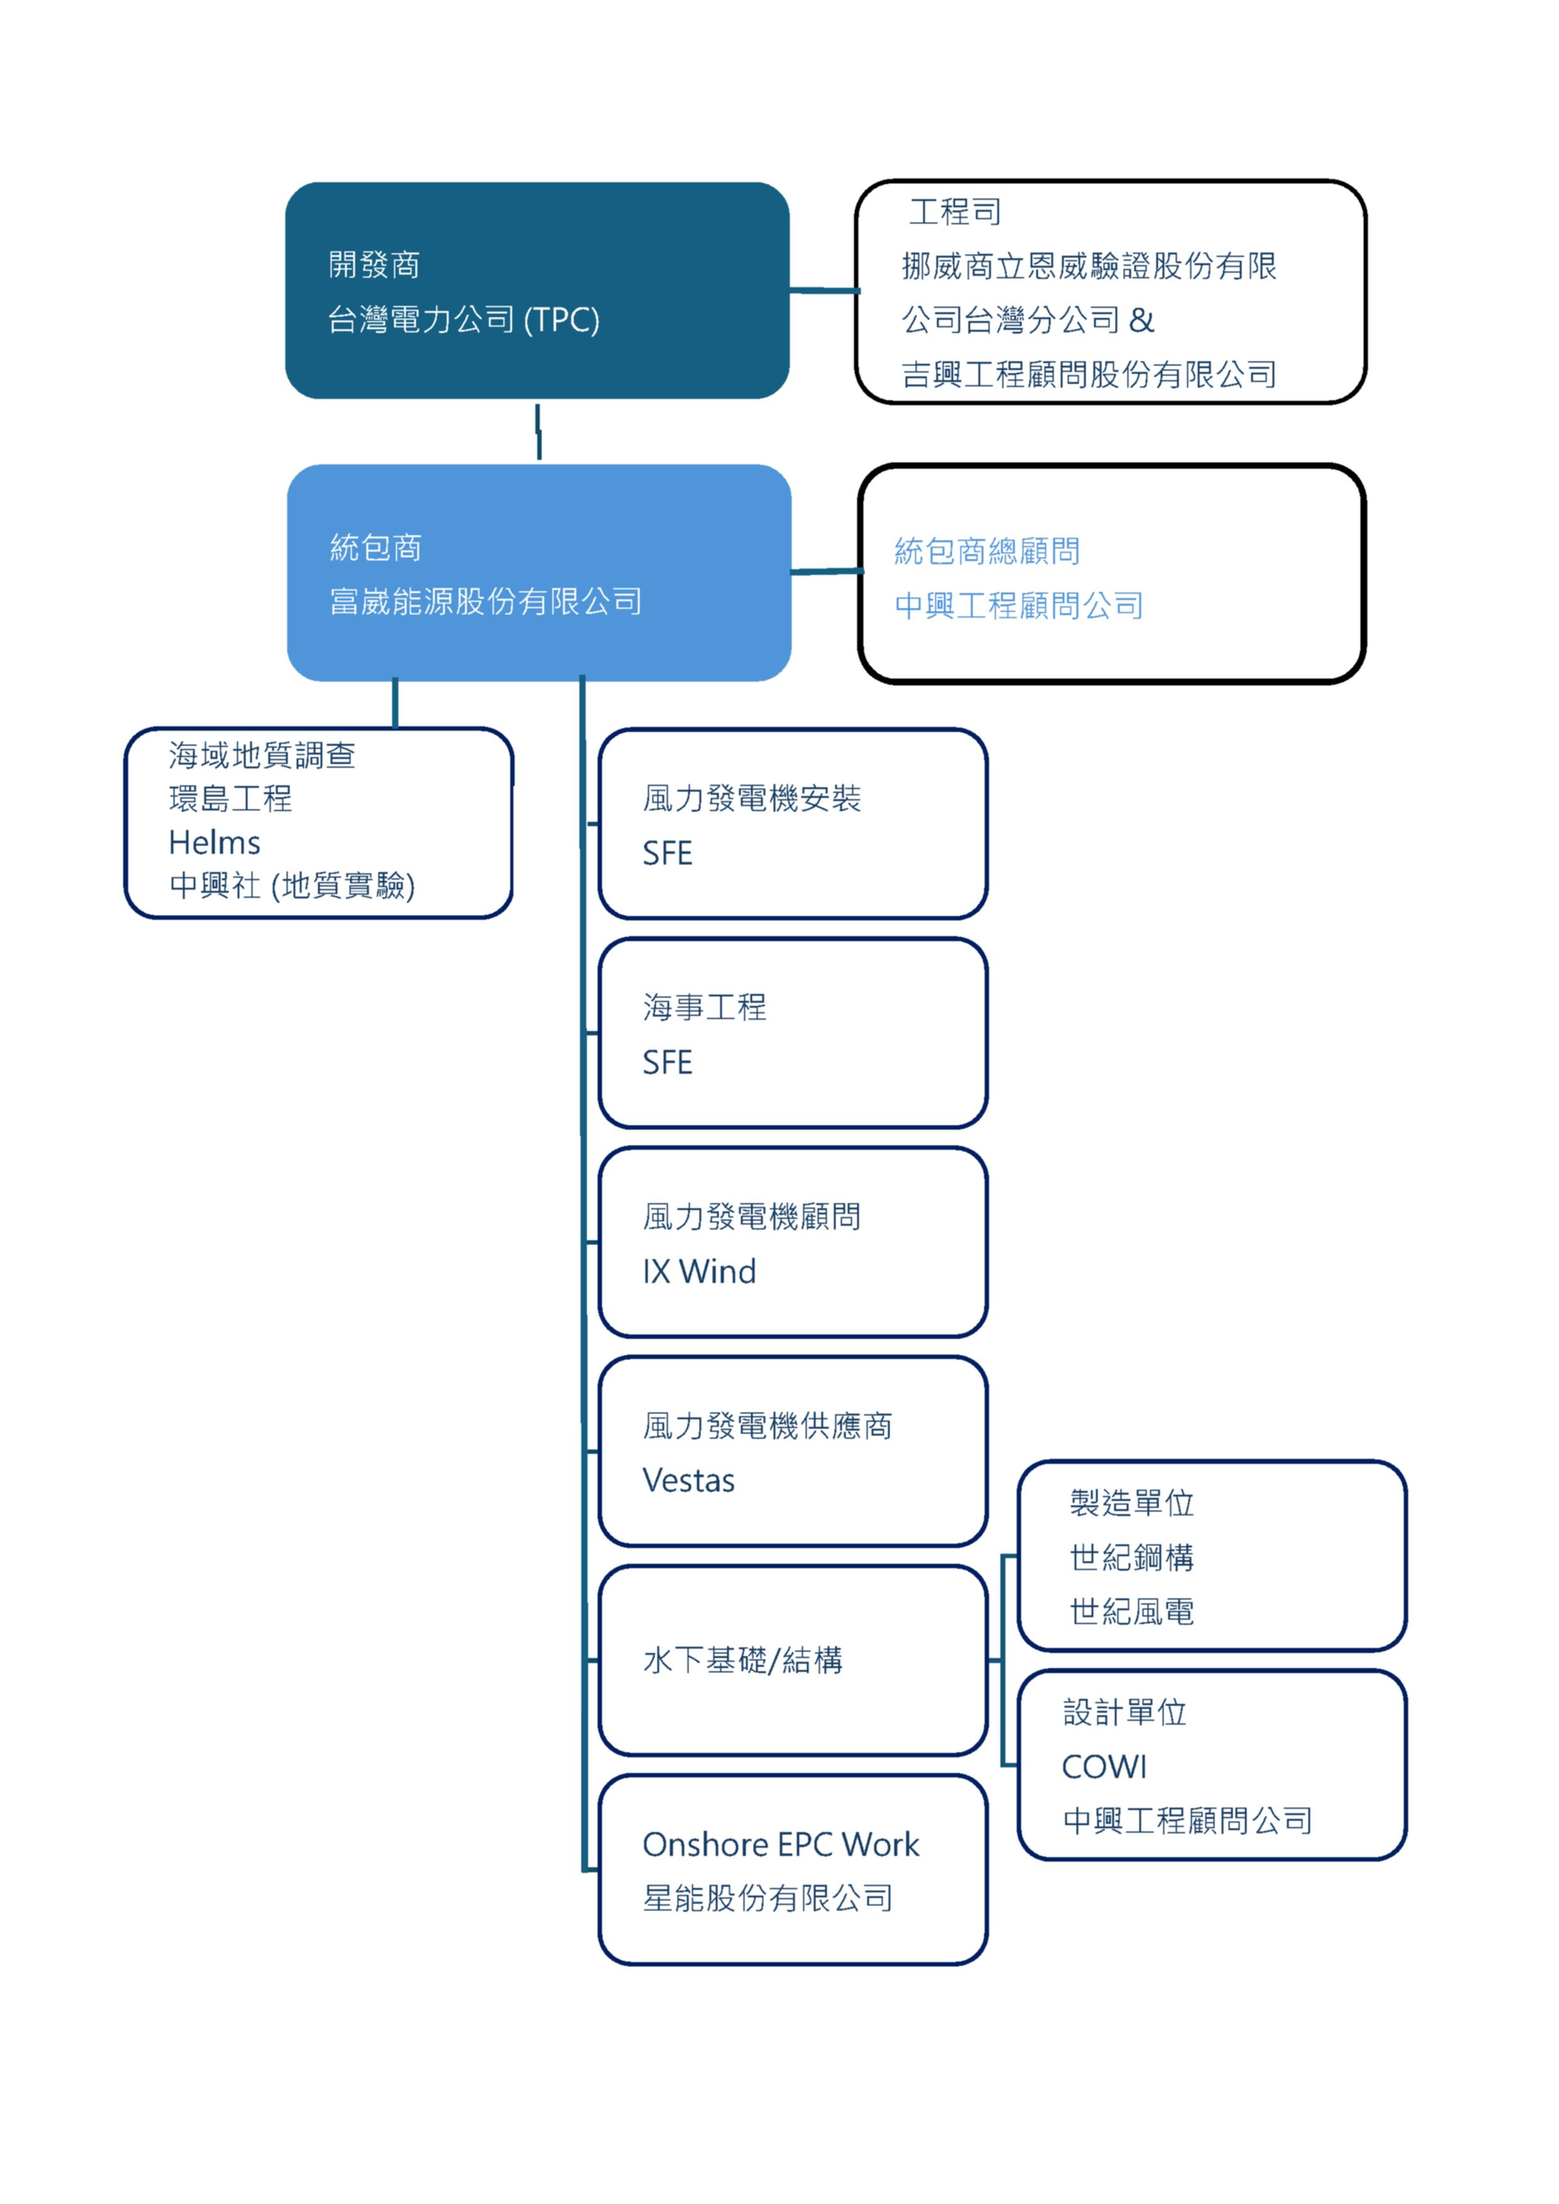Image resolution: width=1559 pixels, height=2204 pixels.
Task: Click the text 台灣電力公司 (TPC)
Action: coord(464,320)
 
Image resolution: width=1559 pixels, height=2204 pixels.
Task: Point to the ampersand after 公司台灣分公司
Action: coord(1141,320)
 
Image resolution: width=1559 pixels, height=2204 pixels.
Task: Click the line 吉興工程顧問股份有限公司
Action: coord(1088,374)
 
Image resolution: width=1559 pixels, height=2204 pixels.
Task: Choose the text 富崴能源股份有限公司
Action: coord(486,602)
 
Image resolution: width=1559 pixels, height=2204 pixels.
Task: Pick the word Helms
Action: coord(214,843)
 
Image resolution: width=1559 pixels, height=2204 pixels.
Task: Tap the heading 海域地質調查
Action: coord(262,755)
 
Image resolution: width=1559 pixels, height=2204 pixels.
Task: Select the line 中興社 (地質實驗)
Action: coord(292,885)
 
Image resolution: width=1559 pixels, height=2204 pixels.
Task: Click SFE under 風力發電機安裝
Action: coord(667,853)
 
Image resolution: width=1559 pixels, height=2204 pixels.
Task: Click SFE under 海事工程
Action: coord(667,1062)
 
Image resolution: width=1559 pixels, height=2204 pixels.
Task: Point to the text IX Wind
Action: coord(699,1272)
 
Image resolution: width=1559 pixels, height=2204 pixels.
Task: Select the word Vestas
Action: coord(688,1481)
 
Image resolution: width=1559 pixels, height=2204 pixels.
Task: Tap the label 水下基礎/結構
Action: coord(743,1660)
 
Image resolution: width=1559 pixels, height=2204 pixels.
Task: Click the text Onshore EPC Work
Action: coord(780,1845)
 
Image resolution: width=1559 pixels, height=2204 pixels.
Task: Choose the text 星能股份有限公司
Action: coord(768,1898)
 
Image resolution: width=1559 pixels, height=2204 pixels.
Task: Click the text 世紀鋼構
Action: coord(1132,1557)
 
